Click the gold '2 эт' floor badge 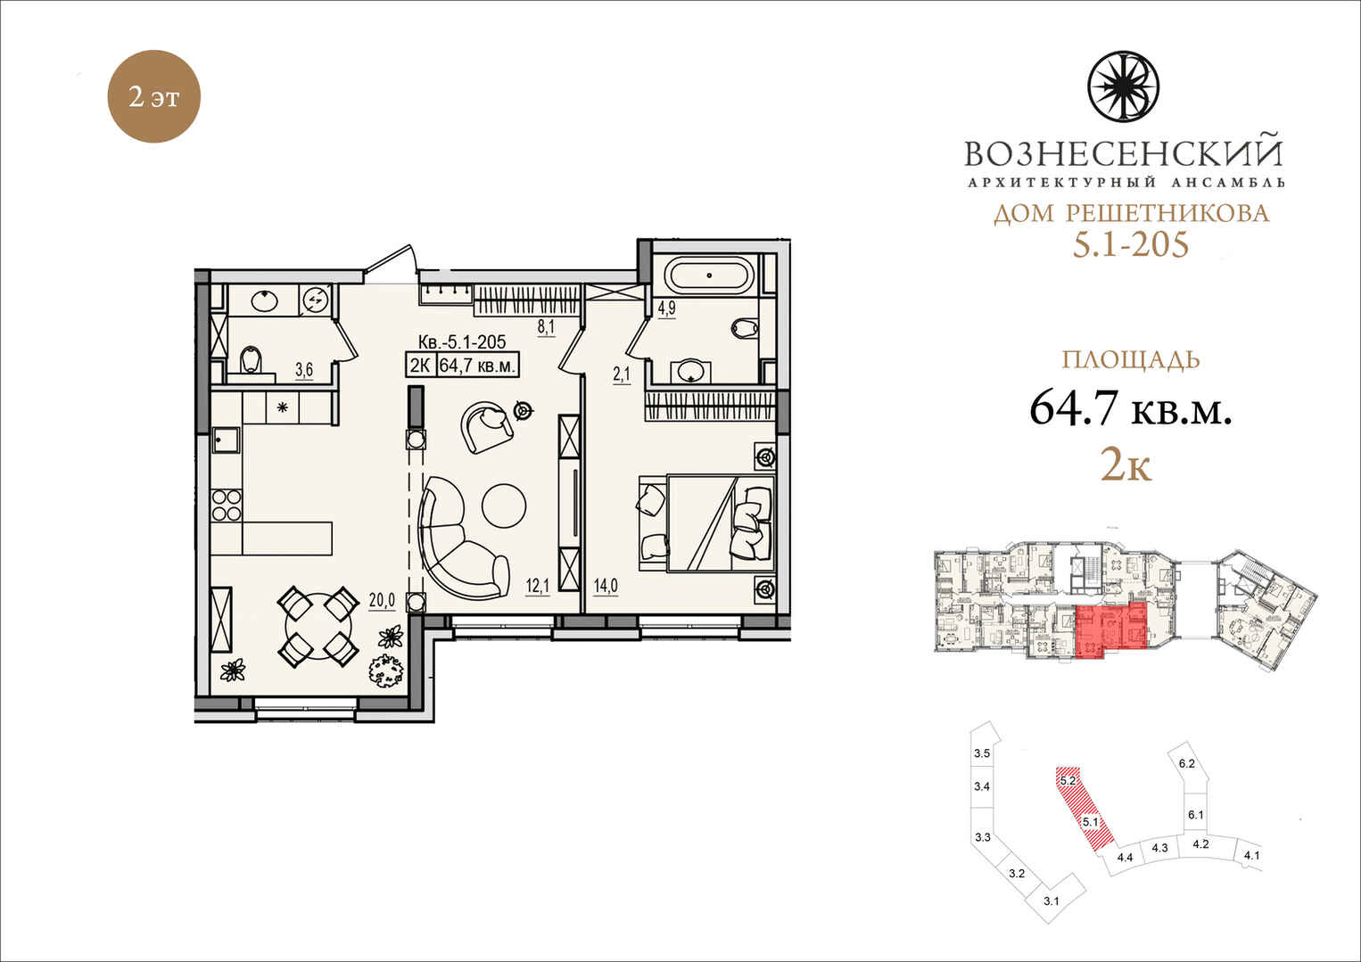pos(153,96)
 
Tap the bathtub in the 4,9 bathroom pos(710,275)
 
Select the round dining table pos(318,626)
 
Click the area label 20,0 pos(382,600)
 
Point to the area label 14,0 pos(606,586)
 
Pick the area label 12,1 pos(537,586)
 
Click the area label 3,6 pos(304,369)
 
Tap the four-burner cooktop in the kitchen pos(227,506)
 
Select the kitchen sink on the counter pos(226,440)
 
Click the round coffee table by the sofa pos(504,506)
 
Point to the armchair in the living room pos(487,428)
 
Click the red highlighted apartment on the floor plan pos(1110,630)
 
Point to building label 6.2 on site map pos(1186,763)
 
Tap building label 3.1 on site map pos(1052,917)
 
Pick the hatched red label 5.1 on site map pos(1091,822)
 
